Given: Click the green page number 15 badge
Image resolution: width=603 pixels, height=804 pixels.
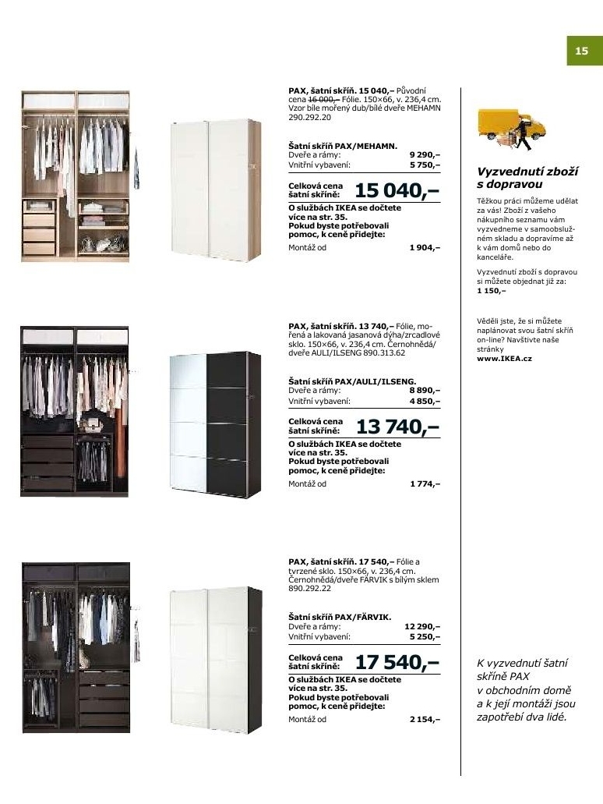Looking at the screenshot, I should pyautogui.click(x=581, y=52).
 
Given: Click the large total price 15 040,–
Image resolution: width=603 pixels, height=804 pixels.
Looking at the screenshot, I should pyautogui.click(x=397, y=190).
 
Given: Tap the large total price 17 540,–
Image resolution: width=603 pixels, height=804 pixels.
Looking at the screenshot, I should pyautogui.click(x=397, y=663).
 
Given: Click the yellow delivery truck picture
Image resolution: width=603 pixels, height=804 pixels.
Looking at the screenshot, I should pyautogui.click(x=511, y=129).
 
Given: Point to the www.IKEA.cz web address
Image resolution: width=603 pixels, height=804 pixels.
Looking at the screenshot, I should pyautogui.click(x=504, y=359).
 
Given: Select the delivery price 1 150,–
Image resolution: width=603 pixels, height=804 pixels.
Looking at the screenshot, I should pyautogui.click(x=491, y=290).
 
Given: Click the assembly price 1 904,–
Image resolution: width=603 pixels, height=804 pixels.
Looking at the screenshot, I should pyautogui.click(x=425, y=247).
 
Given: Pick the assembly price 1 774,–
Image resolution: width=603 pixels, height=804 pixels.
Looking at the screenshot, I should pyautogui.click(x=425, y=483).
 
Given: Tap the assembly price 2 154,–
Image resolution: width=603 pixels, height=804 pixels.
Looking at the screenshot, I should pyautogui.click(x=425, y=719).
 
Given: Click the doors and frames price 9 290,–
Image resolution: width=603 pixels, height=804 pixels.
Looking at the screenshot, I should pyautogui.click(x=425, y=155).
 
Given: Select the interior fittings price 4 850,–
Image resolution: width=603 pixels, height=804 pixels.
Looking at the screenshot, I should pyautogui.click(x=425, y=401).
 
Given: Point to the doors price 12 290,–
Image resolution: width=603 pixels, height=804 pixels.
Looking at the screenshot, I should pyautogui.click(x=423, y=626).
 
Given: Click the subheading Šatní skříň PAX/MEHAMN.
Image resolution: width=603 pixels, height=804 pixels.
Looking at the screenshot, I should pyautogui.click(x=343, y=146).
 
